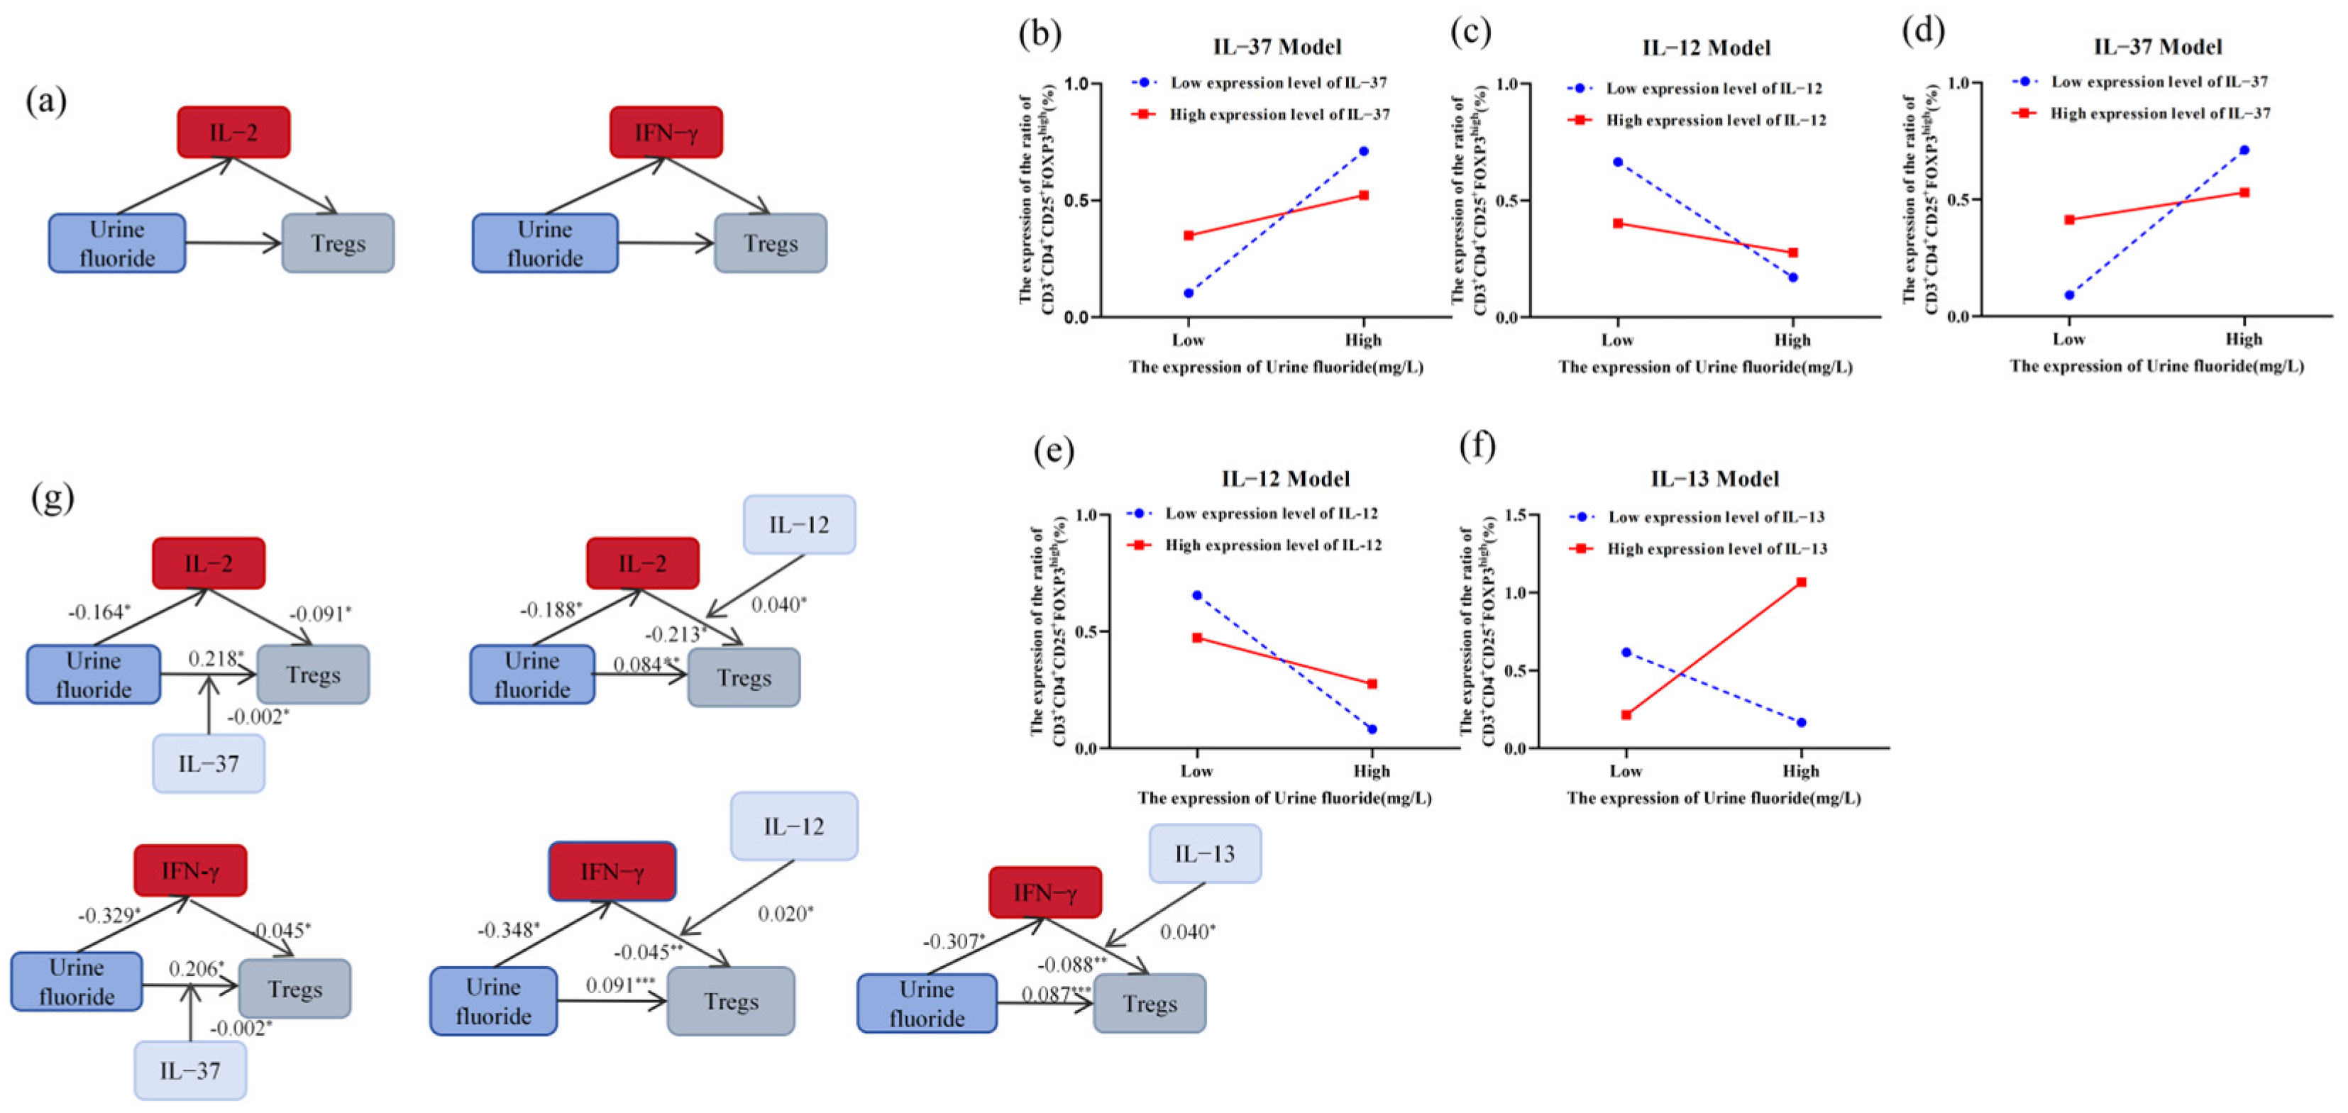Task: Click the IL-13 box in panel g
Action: click(x=1204, y=853)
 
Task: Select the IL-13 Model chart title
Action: click(x=1714, y=479)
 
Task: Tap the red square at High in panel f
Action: click(x=1800, y=582)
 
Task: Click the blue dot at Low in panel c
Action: click(x=1617, y=161)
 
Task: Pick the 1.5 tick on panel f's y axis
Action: click(x=1515, y=514)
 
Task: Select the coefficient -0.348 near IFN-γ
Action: click(x=507, y=930)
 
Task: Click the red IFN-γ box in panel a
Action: click(x=666, y=132)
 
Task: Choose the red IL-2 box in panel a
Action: click(x=233, y=132)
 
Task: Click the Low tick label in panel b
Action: click(x=1188, y=340)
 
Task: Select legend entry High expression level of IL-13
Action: click(x=1716, y=549)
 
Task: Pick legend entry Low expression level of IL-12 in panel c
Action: click(x=1714, y=89)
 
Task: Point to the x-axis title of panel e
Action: click(x=1284, y=797)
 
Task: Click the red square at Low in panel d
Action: click(x=2069, y=220)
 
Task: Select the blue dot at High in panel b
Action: click(x=1362, y=151)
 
